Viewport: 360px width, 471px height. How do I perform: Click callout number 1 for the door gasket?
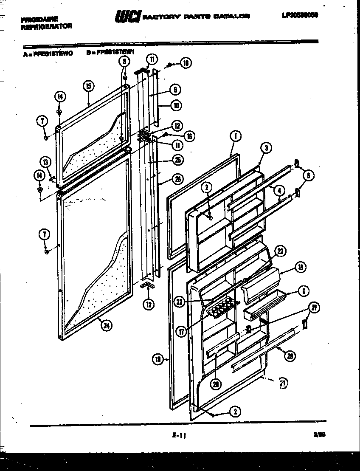(x=236, y=136)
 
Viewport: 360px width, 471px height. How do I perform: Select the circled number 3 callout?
(x=266, y=148)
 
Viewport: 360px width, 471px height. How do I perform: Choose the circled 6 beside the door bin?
(x=304, y=291)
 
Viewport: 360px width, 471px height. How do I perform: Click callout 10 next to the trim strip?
(x=176, y=105)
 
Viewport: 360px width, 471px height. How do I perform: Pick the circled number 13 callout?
(x=45, y=161)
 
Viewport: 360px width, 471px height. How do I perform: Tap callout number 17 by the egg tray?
(x=182, y=332)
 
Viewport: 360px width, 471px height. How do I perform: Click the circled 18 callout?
(x=158, y=360)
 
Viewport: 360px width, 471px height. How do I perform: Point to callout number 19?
(x=300, y=268)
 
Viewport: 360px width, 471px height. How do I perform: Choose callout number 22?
(x=179, y=302)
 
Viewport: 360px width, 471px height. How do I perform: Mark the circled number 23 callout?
(x=280, y=251)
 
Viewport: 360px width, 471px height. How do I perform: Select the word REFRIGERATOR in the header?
(x=46, y=26)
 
